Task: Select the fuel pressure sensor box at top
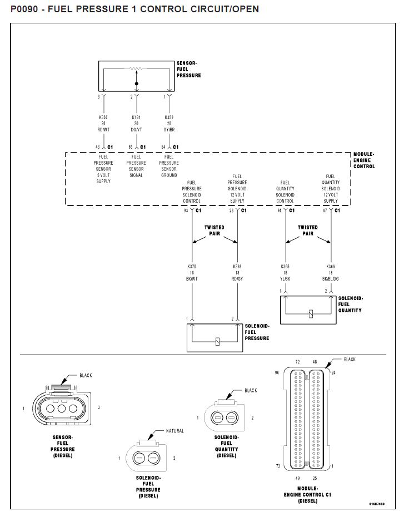click(136, 76)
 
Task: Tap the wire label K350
click(103, 118)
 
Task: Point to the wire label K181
click(136, 118)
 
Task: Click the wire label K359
click(169, 118)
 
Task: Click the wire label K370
click(192, 267)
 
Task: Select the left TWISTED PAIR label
click(215, 230)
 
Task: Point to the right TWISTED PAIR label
click(308, 230)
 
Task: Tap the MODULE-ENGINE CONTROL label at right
click(364, 160)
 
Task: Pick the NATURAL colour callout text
click(174, 431)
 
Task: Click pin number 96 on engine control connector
click(276, 373)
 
